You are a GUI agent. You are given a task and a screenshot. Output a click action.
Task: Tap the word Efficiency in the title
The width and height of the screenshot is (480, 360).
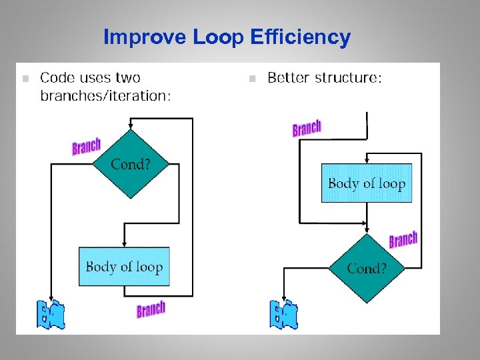(x=301, y=37)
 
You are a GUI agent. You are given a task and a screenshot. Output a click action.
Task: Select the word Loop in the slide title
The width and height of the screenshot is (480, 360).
(x=219, y=37)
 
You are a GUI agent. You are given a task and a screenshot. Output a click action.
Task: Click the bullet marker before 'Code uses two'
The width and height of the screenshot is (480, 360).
(x=25, y=79)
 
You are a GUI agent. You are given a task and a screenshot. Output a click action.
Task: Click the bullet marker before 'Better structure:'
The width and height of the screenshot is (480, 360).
(x=252, y=79)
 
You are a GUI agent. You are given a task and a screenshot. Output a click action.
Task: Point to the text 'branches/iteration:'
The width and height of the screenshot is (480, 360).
(x=105, y=96)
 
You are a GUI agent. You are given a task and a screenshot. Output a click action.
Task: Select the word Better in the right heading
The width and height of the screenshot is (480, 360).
(x=287, y=78)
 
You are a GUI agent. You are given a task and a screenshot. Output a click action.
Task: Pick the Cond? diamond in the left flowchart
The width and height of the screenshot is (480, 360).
(x=131, y=164)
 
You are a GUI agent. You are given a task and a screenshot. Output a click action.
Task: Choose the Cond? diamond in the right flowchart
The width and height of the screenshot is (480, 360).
(x=366, y=269)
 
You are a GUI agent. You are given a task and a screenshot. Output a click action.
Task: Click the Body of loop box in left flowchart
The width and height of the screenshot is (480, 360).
(x=124, y=267)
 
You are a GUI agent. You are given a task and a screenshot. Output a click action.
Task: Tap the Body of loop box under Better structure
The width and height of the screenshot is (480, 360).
(x=367, y=183)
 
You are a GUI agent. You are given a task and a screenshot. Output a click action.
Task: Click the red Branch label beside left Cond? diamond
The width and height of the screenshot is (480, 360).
(x=86, y=146)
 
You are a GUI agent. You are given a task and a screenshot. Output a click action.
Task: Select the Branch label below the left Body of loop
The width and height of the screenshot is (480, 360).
(x=151, y=309)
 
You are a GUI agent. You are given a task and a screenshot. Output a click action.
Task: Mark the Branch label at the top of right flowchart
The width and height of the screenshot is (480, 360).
(x=307, y=128)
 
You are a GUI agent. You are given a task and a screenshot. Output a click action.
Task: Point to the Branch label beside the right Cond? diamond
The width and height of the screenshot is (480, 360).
(x=403, y=240)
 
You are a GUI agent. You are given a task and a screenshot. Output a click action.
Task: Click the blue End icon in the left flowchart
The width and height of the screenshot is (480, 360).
(x=51, y=315)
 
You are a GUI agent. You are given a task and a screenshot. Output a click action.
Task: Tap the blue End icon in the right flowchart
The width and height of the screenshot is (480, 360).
(x=284, y=315)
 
